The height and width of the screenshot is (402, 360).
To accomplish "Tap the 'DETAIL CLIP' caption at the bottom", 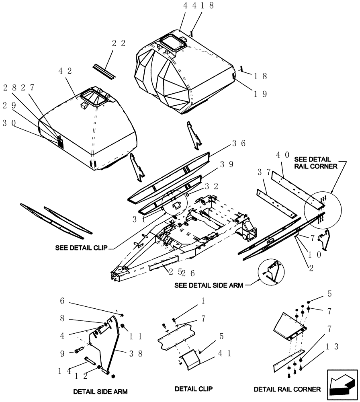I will (x=194, y=389).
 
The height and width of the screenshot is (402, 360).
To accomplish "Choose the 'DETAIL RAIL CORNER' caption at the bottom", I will (x=287, y=389).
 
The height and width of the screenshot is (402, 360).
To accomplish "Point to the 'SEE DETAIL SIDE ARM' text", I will (x=209, y=285).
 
